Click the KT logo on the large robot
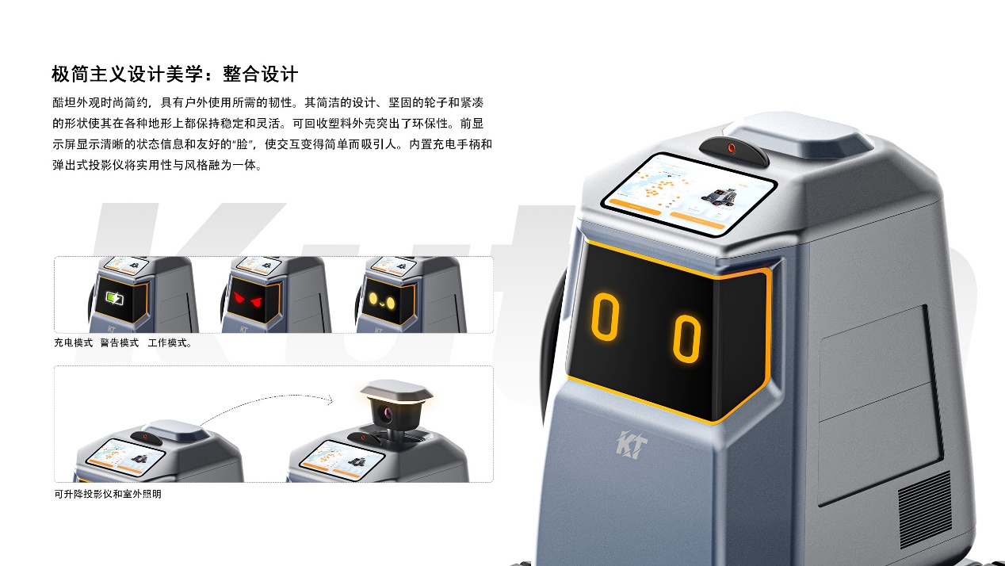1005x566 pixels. click(632, 445)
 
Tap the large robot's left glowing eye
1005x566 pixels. click(606, 317)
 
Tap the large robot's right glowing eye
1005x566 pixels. click(686, 338)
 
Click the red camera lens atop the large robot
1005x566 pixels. click(732, 147)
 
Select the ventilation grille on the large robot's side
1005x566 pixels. click(924, 510)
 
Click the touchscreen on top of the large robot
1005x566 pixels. click(689, 194)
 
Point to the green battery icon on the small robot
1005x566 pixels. click(114, 298)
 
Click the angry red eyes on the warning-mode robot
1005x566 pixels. click(247, 300)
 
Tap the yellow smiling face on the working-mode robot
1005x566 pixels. click(382, 300)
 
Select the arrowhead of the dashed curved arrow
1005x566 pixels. click(331, 400)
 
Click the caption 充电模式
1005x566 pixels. click(73, 343)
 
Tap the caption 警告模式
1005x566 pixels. click(120, 343)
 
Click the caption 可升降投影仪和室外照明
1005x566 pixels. click(108, 494)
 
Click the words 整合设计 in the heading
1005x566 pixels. click(260, 74)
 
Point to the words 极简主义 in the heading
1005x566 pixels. click(89, 74)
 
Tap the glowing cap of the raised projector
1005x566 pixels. click(396, 391)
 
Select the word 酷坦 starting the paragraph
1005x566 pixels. click(64, 103)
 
